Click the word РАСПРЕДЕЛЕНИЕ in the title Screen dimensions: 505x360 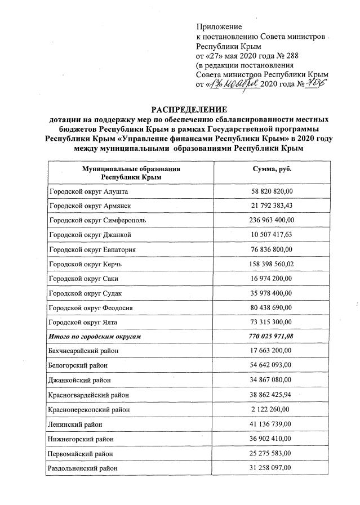[179, 109]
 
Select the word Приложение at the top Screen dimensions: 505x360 [219, 26]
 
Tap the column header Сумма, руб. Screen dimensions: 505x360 [272, 169]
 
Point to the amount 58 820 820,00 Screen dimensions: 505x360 [272, 192]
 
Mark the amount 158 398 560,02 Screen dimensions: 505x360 [272, 263]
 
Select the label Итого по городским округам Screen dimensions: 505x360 [95, 336]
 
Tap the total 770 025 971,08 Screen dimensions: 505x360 [272, 336]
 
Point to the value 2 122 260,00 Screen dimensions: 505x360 [272, 409]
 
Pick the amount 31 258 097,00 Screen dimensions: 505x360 [272, 468]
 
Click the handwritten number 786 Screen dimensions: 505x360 [318, 84]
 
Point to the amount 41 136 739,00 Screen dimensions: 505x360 [272, 424]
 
